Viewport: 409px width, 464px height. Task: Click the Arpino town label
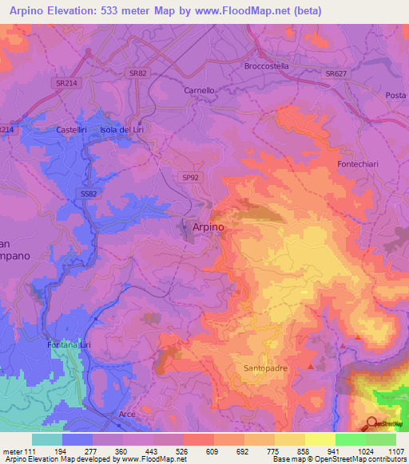[208, 227]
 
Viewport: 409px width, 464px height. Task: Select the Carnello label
[200, 91]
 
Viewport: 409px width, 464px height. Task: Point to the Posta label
[395, 96]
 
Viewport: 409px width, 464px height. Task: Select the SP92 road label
[190, 179]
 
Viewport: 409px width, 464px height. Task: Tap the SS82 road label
[89, 193]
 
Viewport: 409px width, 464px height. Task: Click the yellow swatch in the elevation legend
[320, 439]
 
